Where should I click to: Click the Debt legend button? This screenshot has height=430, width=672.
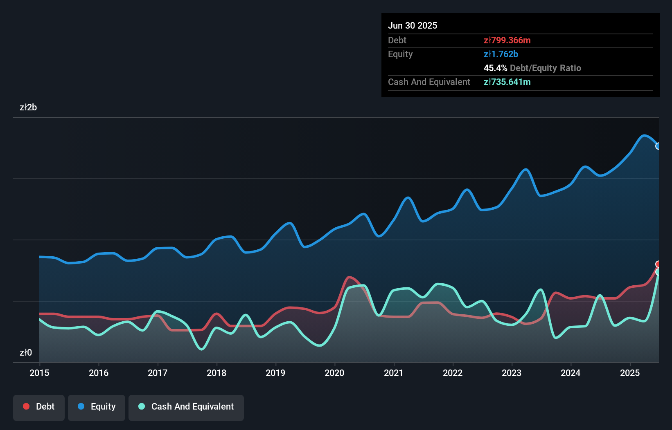click(x=38, y=407)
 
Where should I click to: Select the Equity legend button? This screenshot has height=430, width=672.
click(x=97, y=407)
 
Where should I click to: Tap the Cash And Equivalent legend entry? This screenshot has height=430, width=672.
click(x=186, y=407)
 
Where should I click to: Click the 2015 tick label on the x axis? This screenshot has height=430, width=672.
click(x=39, y=373)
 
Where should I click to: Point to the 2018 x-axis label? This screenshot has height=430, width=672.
click(x=216, y=373)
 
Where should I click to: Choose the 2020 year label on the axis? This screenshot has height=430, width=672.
click(x=334, y=373)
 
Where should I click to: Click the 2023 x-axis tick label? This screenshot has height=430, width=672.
click(x=512, y=373)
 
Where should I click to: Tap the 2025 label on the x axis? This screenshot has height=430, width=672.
click(x=629, y=373)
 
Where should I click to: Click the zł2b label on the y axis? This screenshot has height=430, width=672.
click(x=28, y=107)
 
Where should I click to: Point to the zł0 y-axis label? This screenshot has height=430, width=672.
click(x=26, y=352)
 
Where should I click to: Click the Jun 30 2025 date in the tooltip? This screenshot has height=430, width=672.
click(x=413, y=26)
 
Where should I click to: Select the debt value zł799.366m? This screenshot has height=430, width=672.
click(x=507, y=40)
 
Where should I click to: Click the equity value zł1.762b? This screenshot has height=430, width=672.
click(x=501, y=54)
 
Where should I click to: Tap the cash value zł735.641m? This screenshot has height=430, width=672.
click(x=507, y=82)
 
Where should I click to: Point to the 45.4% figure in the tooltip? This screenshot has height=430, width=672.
click(x=495, y=68)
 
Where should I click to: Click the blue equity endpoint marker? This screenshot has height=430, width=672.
click(x=658, y=146)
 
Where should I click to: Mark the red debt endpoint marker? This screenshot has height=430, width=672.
click(x=658, y=264)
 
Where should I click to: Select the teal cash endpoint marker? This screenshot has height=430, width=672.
click(x=658, y=272)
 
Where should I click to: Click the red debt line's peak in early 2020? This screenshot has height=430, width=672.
click(x=350, y=277)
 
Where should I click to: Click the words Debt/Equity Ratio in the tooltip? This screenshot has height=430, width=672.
click(x=545, y=68)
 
